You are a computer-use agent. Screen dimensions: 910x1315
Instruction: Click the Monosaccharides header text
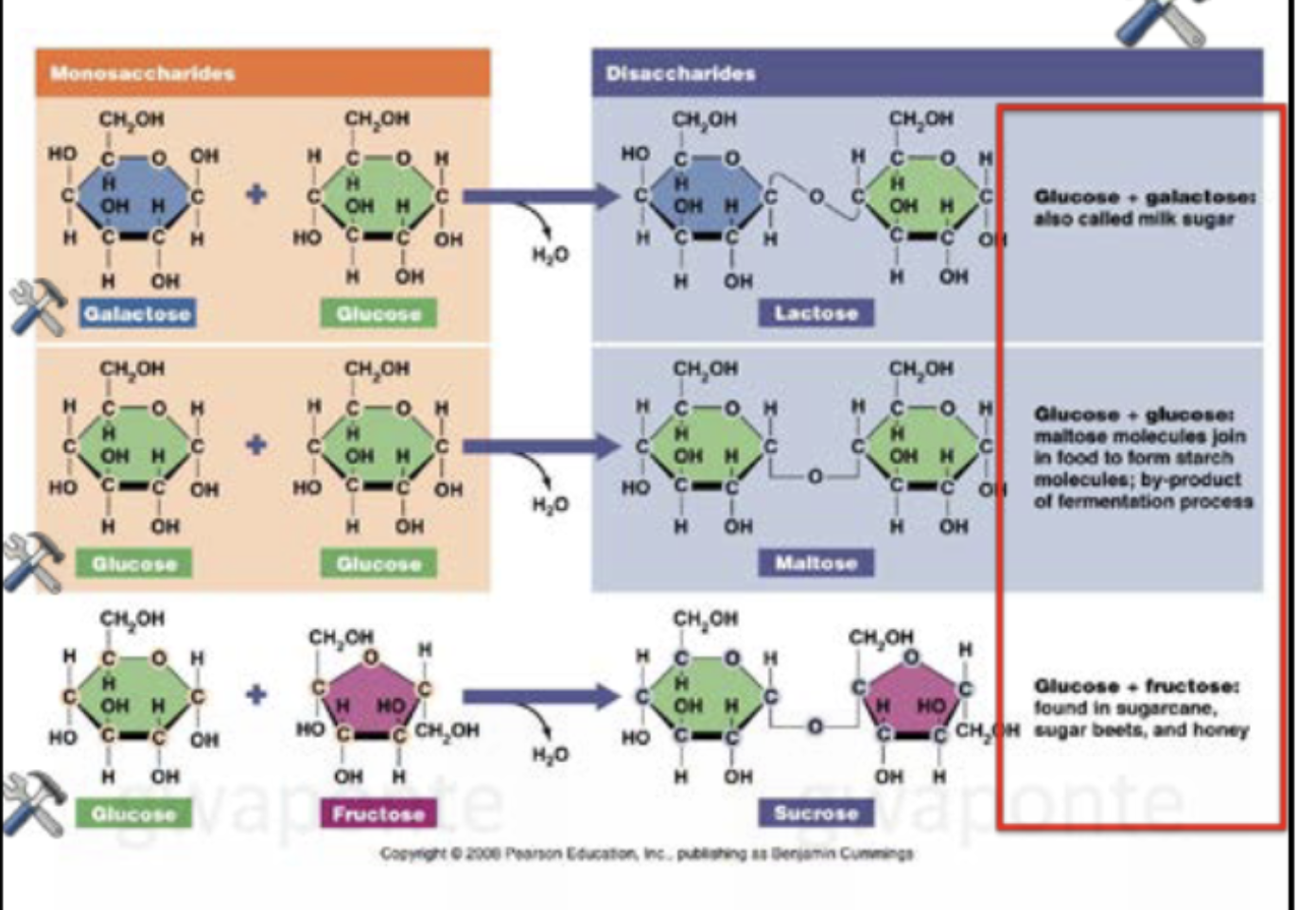pos(143,73)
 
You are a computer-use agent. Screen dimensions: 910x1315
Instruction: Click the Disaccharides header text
pos(680,73)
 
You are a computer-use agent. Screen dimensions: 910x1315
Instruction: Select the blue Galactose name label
pos(137,313)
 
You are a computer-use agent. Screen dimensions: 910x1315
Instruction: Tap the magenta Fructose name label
pos(378,814)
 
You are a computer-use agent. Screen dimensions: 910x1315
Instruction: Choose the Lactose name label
pos(815,313)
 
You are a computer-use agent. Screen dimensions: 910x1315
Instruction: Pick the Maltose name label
pos(815,563)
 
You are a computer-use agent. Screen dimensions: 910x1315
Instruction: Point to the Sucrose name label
pos(815,813)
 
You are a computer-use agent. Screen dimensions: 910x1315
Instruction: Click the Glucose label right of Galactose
pos(378,313)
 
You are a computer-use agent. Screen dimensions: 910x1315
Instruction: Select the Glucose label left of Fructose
pos(133,814)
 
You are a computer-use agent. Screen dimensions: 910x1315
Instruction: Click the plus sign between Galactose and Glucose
pos(255,195)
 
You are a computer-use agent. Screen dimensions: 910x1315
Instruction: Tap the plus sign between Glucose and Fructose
pos(255,695)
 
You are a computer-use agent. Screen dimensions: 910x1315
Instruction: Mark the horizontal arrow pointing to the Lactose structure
pos(539,197)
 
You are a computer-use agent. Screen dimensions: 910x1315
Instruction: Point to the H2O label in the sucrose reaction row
pos(550,755)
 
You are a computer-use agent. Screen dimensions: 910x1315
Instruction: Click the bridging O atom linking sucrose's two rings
pos(815,726)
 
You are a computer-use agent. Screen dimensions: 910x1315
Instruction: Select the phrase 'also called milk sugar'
pos(1133,219)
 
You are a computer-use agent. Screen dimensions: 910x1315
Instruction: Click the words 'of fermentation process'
pos(1143,501)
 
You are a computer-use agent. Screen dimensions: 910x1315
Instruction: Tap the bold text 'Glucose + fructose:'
pos(1136,686)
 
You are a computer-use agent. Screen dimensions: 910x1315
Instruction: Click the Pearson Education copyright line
pos(646,853)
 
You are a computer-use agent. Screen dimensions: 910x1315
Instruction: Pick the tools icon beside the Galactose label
pos(38,306)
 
